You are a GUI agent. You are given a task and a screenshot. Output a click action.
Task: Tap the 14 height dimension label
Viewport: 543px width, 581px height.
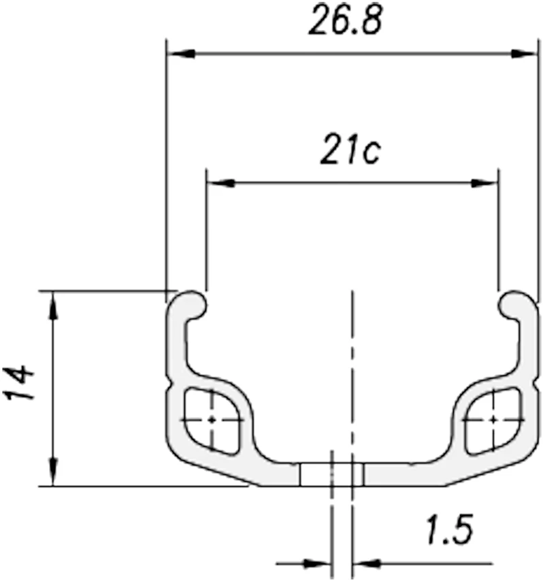coord(19,383)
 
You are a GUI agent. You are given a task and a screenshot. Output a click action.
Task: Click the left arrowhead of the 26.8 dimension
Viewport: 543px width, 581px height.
coord(181,54)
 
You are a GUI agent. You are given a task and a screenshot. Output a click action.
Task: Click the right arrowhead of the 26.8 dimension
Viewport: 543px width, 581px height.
coord(523,54)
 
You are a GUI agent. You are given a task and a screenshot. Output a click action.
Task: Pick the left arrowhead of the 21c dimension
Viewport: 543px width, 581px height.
coord(220,183)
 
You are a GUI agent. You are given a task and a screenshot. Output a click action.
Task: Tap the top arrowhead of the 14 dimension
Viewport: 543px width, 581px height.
coord(53,305)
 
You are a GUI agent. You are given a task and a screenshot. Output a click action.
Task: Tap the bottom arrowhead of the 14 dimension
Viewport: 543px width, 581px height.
coord(53,471)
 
